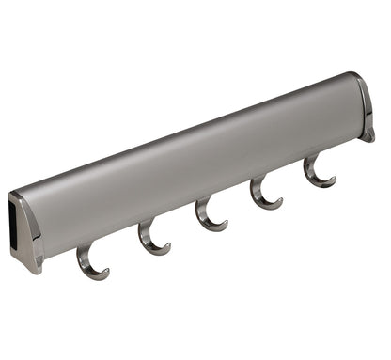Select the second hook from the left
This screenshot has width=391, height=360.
point(150,239)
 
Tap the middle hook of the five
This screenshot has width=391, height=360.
point(208,216)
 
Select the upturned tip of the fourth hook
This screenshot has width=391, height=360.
point(280,199)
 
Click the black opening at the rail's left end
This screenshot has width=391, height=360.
point(19,221)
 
